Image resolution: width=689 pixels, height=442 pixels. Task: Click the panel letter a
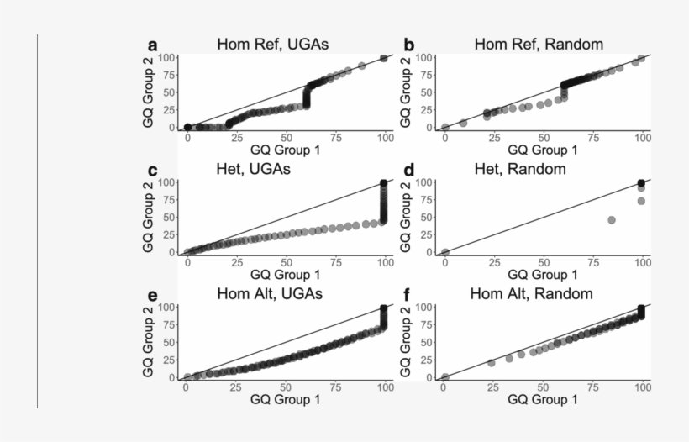click(153, 45)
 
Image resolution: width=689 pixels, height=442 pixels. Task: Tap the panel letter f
click(409, 295)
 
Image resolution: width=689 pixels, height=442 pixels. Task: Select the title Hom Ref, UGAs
click(272, 45)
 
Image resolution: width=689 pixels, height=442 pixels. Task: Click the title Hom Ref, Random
click(539, 45)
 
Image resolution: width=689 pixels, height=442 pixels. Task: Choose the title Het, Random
click(531, 170)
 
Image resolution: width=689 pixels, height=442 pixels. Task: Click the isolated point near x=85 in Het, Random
click(612, 220)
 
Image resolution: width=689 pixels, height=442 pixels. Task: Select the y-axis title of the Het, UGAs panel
click(150, 216)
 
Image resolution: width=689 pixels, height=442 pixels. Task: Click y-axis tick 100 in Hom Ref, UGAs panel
click(166, 58)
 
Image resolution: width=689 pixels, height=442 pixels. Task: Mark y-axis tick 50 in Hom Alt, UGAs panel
click(169, 342)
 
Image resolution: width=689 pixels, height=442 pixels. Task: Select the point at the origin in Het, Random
click(445, 251)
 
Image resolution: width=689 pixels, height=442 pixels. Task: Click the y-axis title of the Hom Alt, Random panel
click(408, 341)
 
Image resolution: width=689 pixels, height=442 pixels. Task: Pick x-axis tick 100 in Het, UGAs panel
click(385, 262)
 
